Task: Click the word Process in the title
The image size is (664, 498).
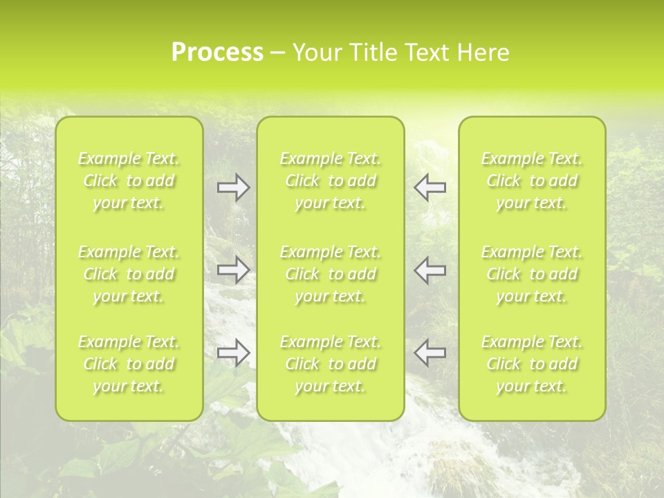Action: click(217, 53)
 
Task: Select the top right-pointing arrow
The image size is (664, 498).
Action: click(233, 187)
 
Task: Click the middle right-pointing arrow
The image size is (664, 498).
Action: click(233, 269)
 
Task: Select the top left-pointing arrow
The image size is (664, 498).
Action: click(430, 187)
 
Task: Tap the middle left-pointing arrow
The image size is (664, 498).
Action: click(430, 269)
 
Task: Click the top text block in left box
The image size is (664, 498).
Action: click(129, 181)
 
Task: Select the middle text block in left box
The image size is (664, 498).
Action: click(129, 274)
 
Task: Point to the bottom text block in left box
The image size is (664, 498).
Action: click(129, 364)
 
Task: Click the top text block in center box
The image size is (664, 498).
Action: click(330, 181)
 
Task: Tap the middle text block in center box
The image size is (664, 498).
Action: click(330, 274)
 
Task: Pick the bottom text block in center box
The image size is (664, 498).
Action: click(330, 364)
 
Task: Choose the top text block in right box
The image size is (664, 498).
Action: click(532, 181)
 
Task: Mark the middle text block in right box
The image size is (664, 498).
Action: click(532, 274)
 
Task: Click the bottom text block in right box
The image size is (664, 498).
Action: click(532, 364)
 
